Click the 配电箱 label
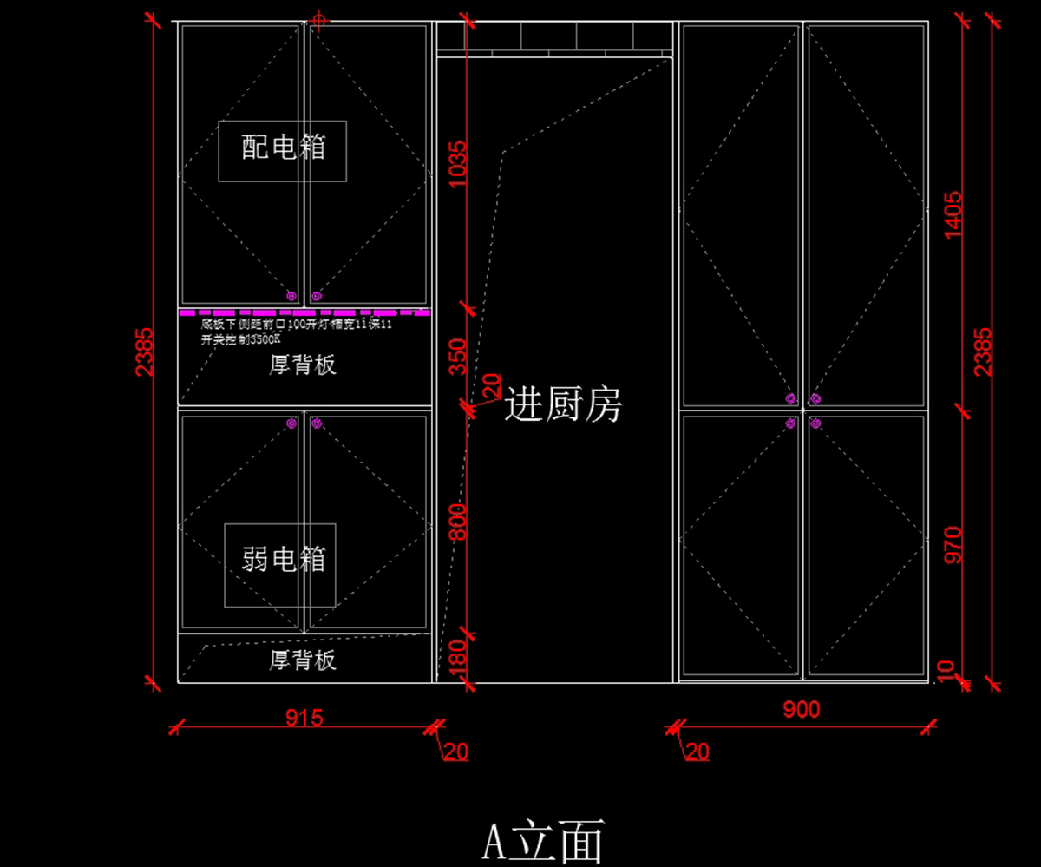(x=283, y=148)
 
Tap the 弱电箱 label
(x=283, y=560)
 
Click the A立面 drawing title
(x=543, y=840)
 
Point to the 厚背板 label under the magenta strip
(x=302, y=365)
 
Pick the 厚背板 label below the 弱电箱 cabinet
(x=302, y=661)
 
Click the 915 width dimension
(x=304, y=717)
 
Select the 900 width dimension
(x=801, y=710)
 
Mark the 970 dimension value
(x=953, y=545)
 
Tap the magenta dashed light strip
(x=304, y=312)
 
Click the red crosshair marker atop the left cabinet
(x=319, y=19)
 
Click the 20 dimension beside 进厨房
(x=491, y=384)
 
